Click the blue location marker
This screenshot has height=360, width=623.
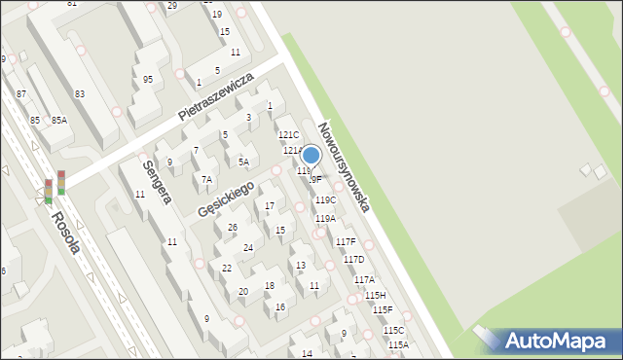tap(311, 156)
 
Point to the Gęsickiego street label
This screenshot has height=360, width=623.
tap(225, 199)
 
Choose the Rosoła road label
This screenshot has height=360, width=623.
tap(66, 233)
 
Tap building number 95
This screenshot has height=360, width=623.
tap(147, 80)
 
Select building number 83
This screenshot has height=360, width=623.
tap(80, 93)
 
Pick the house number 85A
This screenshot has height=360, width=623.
tap(59, 120)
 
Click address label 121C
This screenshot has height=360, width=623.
tap(289, 135)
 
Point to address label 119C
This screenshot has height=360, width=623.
tap(325, 200)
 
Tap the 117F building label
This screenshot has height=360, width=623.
tap(346, 241)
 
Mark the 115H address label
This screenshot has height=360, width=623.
tap(376, 295)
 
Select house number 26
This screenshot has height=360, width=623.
tap(232, 228)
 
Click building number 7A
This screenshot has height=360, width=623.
tap(206, 179)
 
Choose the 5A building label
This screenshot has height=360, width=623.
tap(243, 162)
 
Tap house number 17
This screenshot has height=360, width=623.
tap(270, 206)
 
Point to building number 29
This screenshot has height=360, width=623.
tap(172, 6)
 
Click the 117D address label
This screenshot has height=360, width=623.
tap(353, 260)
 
